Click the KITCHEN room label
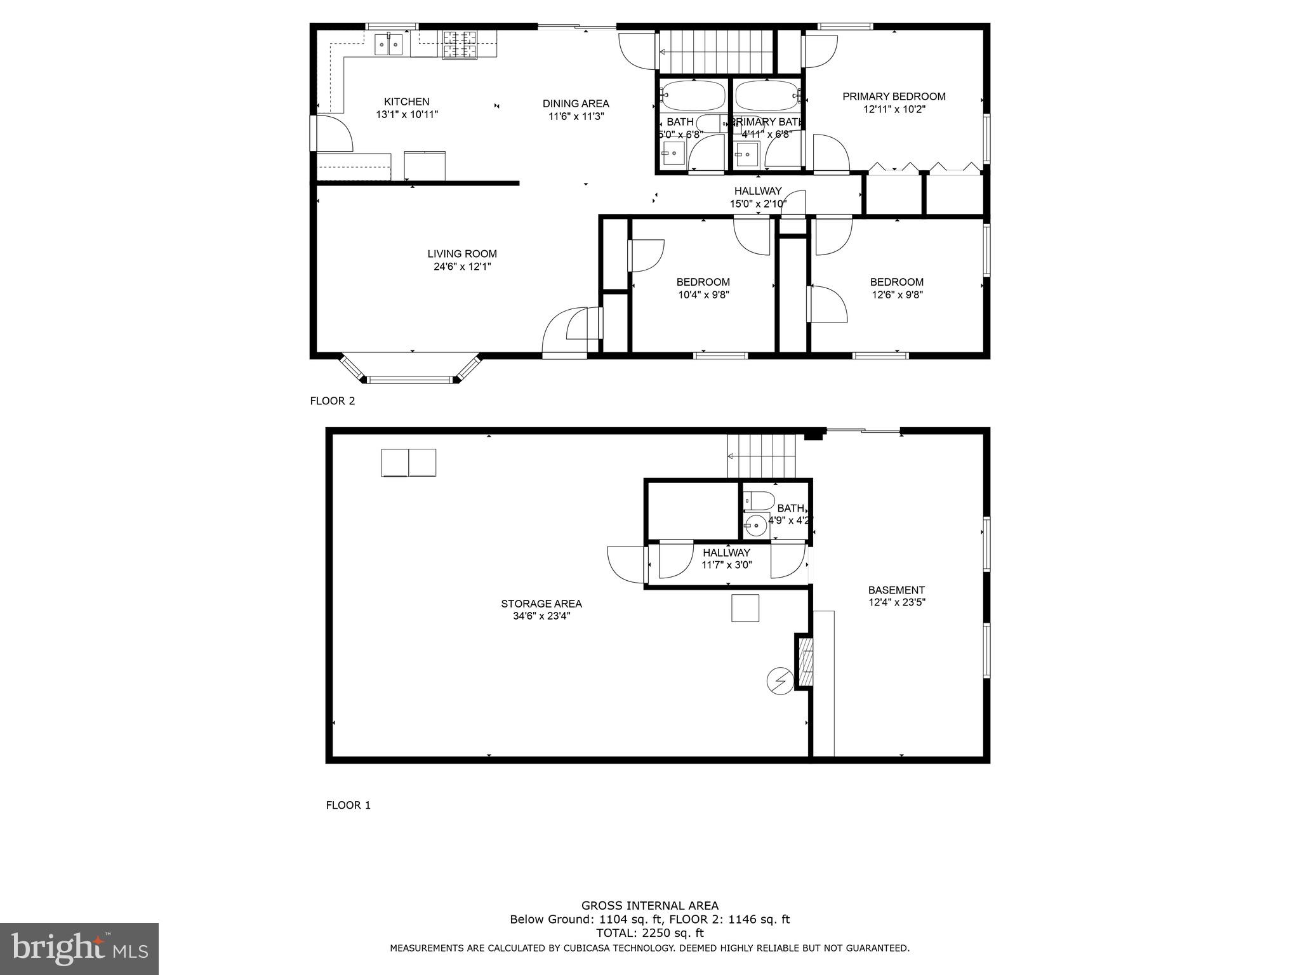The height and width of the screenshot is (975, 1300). pos(406,102)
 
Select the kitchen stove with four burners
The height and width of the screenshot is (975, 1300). pos(460,44)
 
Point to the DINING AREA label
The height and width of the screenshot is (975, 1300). pos(576,103)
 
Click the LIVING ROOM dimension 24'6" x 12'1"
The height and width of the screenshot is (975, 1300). pos(462,267)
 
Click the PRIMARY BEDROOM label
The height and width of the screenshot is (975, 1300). pos(894,96)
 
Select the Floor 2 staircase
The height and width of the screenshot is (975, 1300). pos(715,52)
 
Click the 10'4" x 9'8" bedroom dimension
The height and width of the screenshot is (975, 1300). pos(703,295)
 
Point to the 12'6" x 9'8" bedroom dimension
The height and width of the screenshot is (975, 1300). pos(896,295)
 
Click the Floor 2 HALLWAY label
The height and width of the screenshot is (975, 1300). pos(758,191)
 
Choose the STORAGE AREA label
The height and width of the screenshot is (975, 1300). pos(541,604)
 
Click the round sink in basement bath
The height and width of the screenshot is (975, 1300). pos(756,526)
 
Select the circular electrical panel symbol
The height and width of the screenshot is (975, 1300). pos(780,680)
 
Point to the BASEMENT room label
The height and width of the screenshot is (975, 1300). pos(896,590)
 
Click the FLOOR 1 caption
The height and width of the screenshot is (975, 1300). pos(348,805)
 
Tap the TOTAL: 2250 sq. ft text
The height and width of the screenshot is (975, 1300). pos(649,933)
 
